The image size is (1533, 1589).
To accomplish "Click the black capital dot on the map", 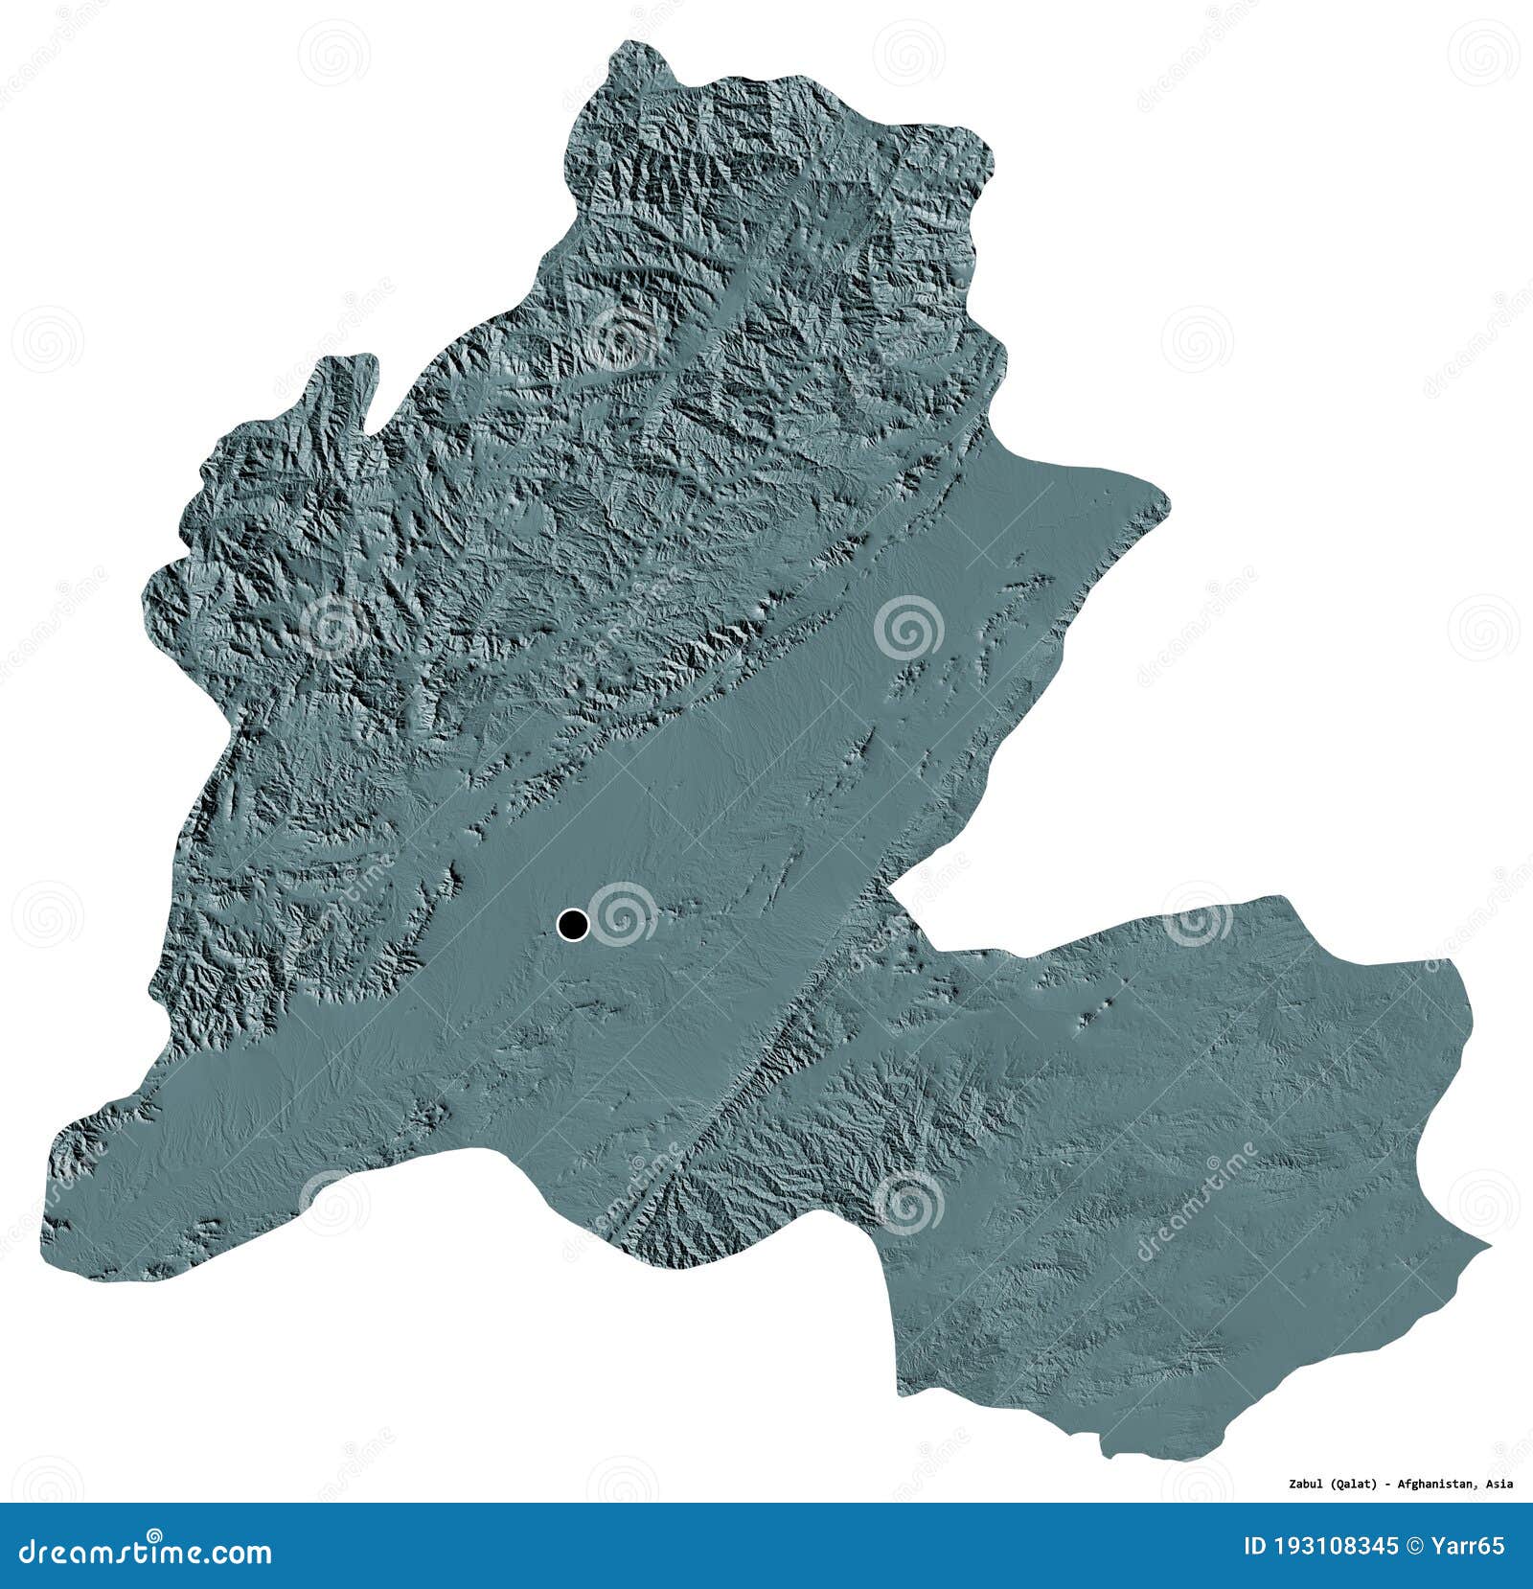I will pos(573,924).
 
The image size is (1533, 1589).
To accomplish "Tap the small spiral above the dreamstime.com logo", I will pos(154,1532).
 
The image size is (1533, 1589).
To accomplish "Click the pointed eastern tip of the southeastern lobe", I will pos(1490,1246).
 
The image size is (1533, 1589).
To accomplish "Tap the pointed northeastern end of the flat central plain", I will pos(1168,499).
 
